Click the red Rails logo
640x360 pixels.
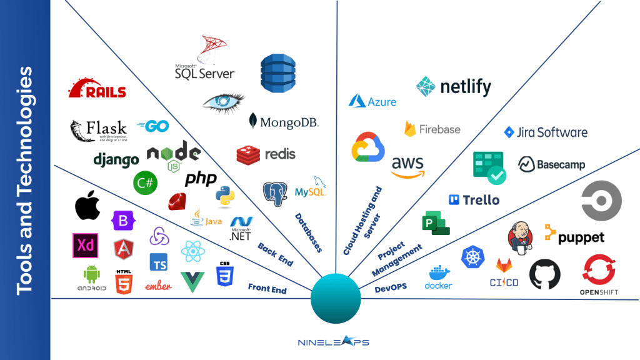[x=97, y=89]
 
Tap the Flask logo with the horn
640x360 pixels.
[x=98, y=130]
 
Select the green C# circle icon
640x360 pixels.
[x=145, y=182]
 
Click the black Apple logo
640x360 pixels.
[x=87, y=207]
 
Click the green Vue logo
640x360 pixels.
[x=192, y=282]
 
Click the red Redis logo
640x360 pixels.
[x=266, y=154]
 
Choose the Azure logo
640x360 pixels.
[x=372, y=101]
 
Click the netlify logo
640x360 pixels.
[x=454, y=87]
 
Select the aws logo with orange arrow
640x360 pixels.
[x=407, y=166]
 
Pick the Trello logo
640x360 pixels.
[x=474, y=200]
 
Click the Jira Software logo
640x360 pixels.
[x=546, y=132]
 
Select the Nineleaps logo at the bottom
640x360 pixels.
[x=334, y=341]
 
